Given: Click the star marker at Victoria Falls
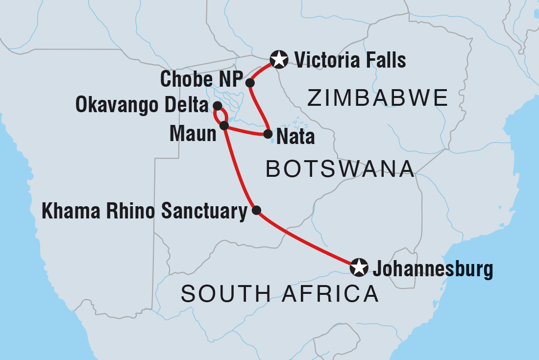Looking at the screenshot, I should (279, 60).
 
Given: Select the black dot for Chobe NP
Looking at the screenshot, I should (250, 83).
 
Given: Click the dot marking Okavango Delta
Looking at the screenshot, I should (218, 105).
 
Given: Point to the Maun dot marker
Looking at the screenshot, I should (224, 125).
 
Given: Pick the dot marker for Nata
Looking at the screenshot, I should (268, 133).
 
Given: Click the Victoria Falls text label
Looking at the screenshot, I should (350, 60).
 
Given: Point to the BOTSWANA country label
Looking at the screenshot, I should (340, 169).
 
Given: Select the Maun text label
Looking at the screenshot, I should (193, 134).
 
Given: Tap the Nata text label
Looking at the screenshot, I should (295, 137).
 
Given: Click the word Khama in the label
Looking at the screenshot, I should (69, 212).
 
